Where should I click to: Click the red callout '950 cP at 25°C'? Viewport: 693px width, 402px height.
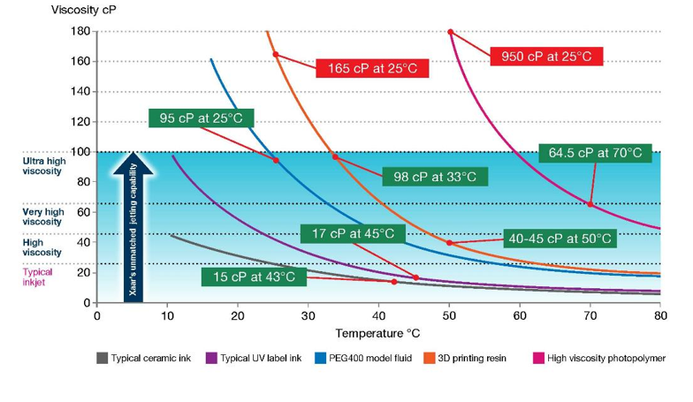(545, 57)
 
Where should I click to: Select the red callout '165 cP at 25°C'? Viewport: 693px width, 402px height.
(372, 68)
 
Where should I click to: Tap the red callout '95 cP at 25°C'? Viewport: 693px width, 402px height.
(202, 118)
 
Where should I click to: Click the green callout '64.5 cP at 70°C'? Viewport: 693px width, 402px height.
(595, 153)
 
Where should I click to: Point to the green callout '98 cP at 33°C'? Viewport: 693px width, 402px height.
(434, 177)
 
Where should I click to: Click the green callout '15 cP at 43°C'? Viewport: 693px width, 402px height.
(255, 277)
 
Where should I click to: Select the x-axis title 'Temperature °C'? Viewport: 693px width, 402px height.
(379, 334)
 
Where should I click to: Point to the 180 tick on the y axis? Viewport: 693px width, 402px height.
(80, 32)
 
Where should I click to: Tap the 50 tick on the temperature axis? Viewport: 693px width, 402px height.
(450, 315)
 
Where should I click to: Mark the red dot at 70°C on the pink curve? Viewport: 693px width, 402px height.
(590, 205)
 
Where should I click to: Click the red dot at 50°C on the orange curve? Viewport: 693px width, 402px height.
(450, 243)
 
